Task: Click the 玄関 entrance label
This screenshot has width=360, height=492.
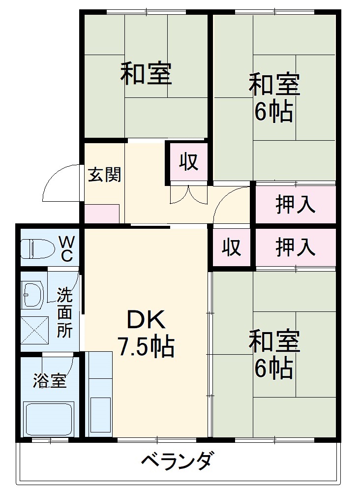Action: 104,175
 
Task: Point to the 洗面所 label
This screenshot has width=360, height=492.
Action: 64,312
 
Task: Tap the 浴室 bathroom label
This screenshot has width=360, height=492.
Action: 49,380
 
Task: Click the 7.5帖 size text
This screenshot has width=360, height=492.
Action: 146,347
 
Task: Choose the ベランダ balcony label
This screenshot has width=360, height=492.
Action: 179,462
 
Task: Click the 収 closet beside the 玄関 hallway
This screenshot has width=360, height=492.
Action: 188,162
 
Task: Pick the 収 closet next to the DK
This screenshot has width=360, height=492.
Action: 231,247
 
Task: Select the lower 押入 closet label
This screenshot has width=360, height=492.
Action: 295,247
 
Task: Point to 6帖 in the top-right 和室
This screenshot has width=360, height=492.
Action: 273,112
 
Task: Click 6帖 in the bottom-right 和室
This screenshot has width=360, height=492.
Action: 273,368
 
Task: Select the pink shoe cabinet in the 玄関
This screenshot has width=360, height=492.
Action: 102,214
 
